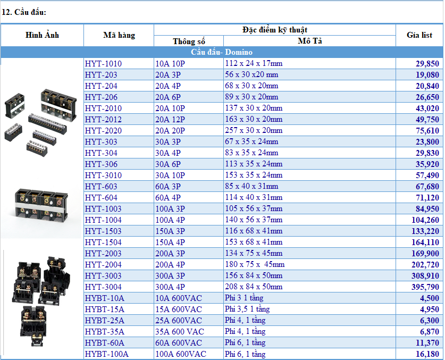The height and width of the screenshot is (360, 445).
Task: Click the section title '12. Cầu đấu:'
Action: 24,12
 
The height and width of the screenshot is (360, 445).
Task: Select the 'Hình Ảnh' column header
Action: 43,35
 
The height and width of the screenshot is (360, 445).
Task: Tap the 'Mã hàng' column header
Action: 119,35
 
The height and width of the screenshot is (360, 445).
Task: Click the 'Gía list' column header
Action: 419,35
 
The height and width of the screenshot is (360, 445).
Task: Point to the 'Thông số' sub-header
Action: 189,41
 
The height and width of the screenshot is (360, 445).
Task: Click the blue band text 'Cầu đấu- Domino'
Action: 222,52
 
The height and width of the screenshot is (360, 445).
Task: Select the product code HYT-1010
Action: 103,64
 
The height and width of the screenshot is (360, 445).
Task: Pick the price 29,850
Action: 427,64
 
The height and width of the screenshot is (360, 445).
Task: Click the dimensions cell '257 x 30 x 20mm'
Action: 254,130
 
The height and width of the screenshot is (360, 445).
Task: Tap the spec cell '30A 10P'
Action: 170,175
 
